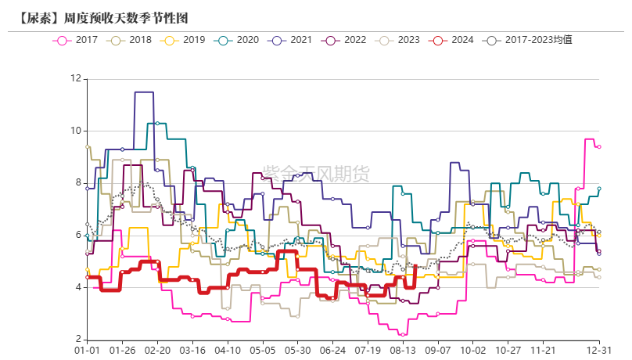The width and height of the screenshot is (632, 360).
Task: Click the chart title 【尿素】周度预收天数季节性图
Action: point(102,16)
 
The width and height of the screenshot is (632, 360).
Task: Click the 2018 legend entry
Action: point(130,39)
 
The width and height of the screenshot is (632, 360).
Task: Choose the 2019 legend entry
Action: point(183,39)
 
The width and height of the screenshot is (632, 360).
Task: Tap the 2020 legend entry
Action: point(237,39)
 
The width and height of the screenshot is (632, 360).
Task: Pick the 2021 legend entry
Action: point(291,39)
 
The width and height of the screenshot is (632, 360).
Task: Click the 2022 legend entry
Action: point(345,39)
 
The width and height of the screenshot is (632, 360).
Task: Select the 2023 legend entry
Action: point(398,39)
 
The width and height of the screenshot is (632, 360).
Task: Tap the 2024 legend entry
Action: point(452,39)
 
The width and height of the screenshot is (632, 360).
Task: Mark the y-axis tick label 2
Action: point(77,340)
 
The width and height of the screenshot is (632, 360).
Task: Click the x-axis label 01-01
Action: point(87,352)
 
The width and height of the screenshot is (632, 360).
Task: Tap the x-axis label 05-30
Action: point(298,352)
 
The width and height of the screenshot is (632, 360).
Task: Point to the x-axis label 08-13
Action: point(404,352)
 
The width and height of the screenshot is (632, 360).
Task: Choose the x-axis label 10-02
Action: point(472,352)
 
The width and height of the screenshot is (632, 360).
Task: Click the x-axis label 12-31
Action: point(598,352)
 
